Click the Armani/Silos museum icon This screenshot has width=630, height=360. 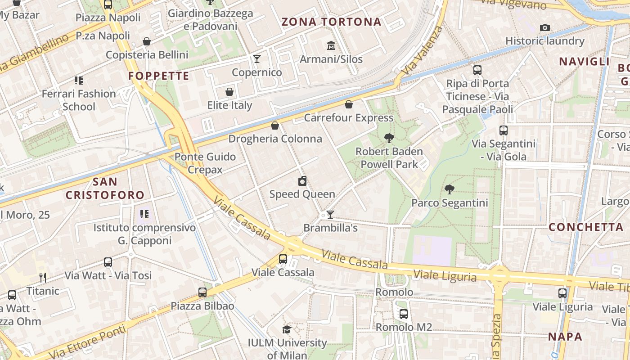coord(331,45)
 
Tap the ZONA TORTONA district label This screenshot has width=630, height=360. coord(331,22)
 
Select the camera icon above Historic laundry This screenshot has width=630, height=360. coord(544,28)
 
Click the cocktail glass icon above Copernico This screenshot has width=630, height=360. coord(256,59)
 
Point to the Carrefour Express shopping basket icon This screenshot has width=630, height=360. coord(348,105)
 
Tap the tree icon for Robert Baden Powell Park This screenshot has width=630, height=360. coord(389,138)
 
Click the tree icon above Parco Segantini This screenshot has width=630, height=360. coord(449,189)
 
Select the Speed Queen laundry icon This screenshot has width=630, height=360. coord(302,181)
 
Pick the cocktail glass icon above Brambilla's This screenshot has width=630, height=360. coord(330,215)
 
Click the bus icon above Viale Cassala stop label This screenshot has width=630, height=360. coord(283,259)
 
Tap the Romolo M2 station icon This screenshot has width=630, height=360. coord(404,314)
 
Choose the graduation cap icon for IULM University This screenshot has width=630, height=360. coord(287,330)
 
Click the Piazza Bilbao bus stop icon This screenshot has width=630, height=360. coord(202,292)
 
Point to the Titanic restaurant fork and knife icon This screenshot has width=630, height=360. coord(43,277)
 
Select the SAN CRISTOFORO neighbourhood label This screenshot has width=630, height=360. coord(105,189)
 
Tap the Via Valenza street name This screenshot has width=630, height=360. coord(422,51)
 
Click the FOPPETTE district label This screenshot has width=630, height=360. coord(159,76)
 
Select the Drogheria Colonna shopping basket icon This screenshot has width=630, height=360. coord(275,126)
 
